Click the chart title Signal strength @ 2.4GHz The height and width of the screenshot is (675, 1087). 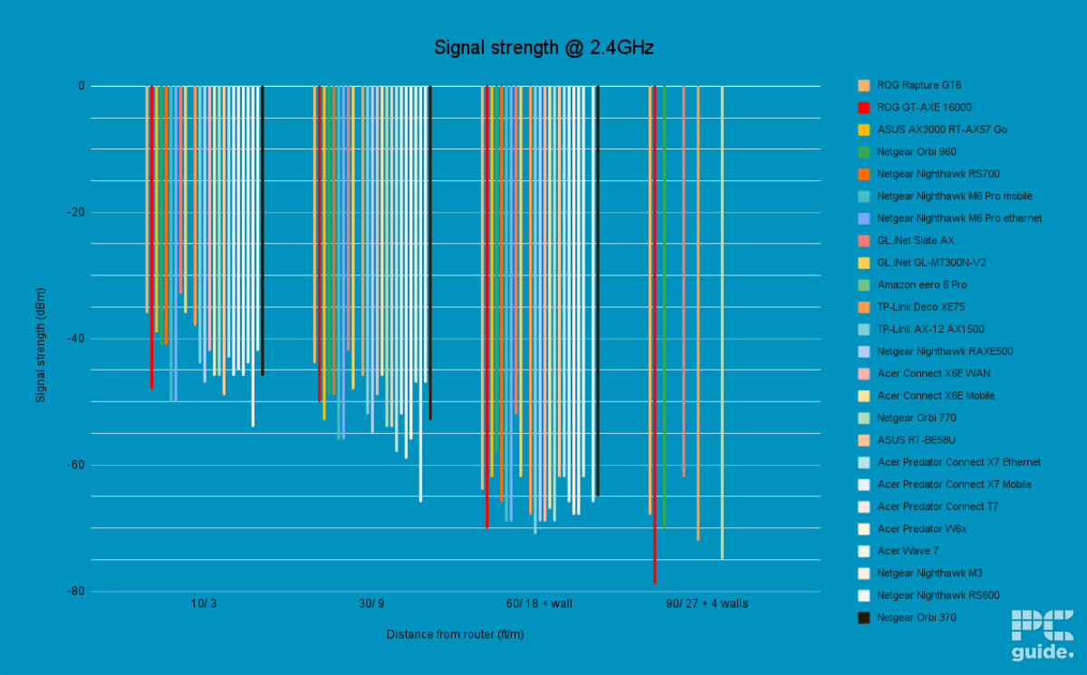tap(543, 48)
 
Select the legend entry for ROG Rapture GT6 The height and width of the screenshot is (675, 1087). tap(919, 85)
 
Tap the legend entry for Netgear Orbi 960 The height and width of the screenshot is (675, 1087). tap(916, 151)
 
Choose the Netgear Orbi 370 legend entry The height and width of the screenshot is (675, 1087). tap(916, 617)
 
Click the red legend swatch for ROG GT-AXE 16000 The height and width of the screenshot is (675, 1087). tap(864, 107)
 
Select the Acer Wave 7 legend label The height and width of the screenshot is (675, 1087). tap(908, 551)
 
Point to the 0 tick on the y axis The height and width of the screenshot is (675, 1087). tap(81, 86)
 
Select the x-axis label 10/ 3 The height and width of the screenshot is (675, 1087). tap(204, 603)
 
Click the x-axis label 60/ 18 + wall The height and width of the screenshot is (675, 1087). tap(539, 603)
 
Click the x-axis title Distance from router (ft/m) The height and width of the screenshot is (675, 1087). tap(455, 634)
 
